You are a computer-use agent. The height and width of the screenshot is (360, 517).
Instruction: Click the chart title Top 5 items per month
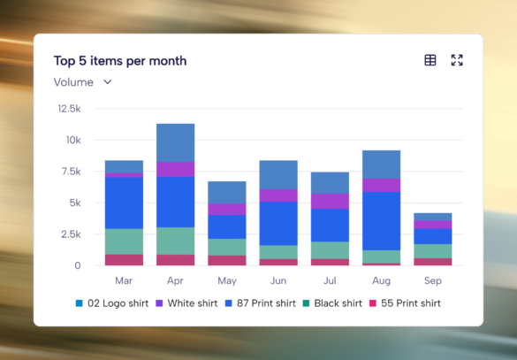pyautogui.click(x=120, y=61)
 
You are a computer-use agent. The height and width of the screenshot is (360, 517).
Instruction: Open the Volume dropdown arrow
pyautogui.click(x=108, y=82)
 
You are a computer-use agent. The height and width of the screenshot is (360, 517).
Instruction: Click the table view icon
pyautogui.click(x=430, y=60)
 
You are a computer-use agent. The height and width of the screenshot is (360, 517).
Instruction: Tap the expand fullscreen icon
pyautogui.click(x=457, y=60)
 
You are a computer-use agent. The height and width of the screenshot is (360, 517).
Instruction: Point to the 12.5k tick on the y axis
pyautogui.click(x=69, y=109)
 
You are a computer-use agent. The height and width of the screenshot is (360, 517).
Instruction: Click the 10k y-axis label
pyautogui.click(x=73, y=141)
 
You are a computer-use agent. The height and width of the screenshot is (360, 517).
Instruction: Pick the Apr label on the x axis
pyautogui.click(x=175, y=280)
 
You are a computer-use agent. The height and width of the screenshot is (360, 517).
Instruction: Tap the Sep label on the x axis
pyautogui.click(x=432, y=280)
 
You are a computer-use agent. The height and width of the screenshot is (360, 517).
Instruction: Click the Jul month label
pyautogui.click(x=330, y=280)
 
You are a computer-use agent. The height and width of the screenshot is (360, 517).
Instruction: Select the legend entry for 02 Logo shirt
pyautogui.click(x=112, y=303)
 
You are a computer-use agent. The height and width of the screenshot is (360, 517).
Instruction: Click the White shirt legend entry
pyautogui.click(x=186, y=303)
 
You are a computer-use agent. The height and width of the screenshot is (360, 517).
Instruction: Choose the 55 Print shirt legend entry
pyautogui.click(x=405, y=303)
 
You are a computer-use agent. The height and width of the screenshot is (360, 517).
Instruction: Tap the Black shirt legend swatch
pyautogui.click(x=306, y=303)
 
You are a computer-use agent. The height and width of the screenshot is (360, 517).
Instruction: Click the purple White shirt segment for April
pyautogui.click(x=175, y=169)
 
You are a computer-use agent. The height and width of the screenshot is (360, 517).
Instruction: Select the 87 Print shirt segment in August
pyautogui.click(x=381, y=221)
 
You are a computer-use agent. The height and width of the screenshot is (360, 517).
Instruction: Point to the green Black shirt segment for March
pyautogui.click(x=124, y=241)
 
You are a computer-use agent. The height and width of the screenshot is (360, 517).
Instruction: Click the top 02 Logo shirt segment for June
pyautogui.click(x=278, y=175)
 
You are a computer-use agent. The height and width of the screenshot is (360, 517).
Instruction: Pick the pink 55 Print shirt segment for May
pyautogui.click(x=227, y=260)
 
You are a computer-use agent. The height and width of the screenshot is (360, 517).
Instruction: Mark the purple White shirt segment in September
pyautogui.click(x=432, y=225)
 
